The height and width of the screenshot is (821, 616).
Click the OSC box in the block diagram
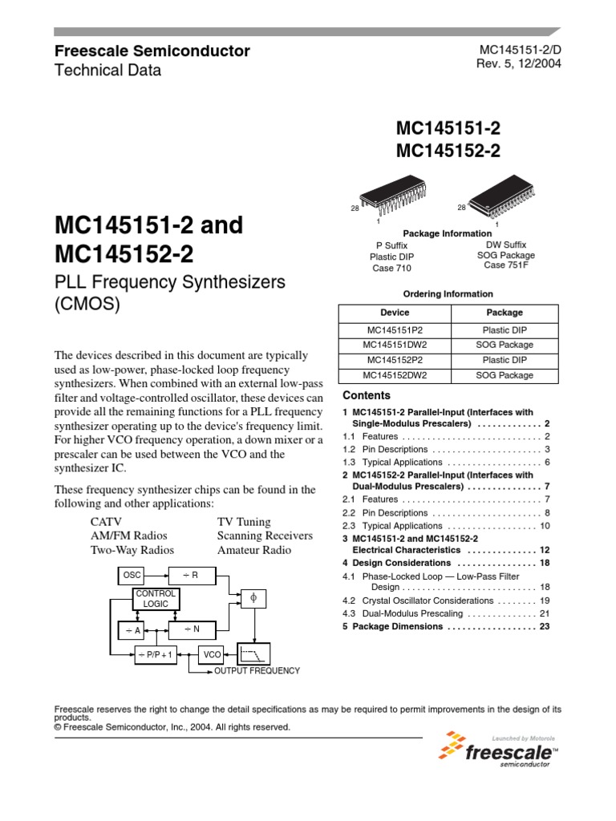coord(132,575)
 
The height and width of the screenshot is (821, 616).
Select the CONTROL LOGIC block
coord(156,598)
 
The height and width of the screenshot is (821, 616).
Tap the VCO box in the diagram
coord(212,654)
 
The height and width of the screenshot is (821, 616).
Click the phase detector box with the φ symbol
coord(253,598)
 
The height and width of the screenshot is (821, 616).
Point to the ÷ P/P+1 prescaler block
coord(155,654)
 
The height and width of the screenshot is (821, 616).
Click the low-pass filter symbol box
coord(253,653)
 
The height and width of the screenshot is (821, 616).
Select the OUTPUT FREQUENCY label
coord(257,670)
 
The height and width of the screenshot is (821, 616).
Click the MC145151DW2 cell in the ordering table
coord(394,345)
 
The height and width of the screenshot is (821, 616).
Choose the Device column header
coord(394,313)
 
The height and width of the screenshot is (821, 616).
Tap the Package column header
coord(505,313)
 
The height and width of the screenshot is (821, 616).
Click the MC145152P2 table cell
coord(394,360)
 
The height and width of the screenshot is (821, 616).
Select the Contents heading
coord(367,395)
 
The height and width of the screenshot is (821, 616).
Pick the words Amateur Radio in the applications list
coord(254,550)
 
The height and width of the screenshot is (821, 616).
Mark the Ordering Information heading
coord(448,293)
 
